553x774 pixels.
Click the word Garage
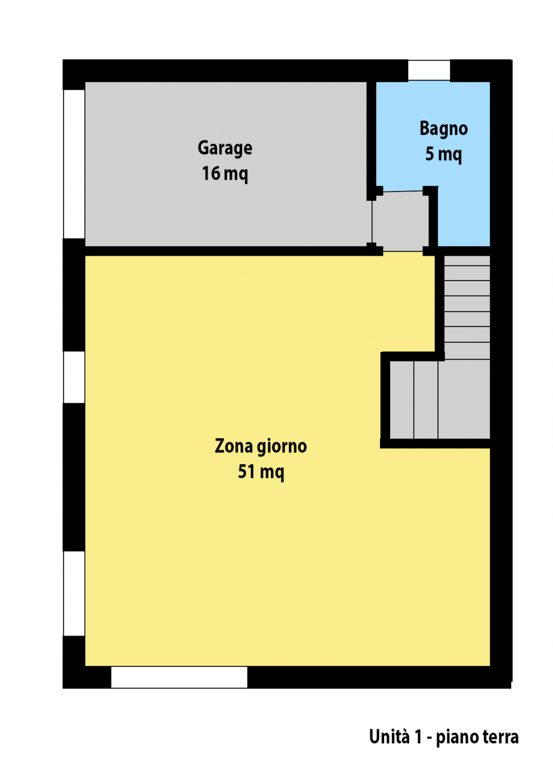point(224,149)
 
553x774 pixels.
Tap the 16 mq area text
point(224,174)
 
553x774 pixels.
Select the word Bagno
point(443,129)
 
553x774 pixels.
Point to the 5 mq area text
point(443,154)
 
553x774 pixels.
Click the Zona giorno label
point(261,447)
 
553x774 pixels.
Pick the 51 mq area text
point(261,472)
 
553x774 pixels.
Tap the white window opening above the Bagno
point(429,71)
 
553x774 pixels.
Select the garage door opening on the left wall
point(74,164)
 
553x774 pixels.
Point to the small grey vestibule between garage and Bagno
point(401,221)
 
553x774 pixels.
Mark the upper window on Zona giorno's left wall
point(74,377)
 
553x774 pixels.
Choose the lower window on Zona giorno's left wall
point(74,594)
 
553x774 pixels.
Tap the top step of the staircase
point(467,261)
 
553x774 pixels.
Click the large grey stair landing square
point(464,400)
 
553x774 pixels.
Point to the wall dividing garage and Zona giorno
point(234,251)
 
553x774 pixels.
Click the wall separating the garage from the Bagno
point(371,140)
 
